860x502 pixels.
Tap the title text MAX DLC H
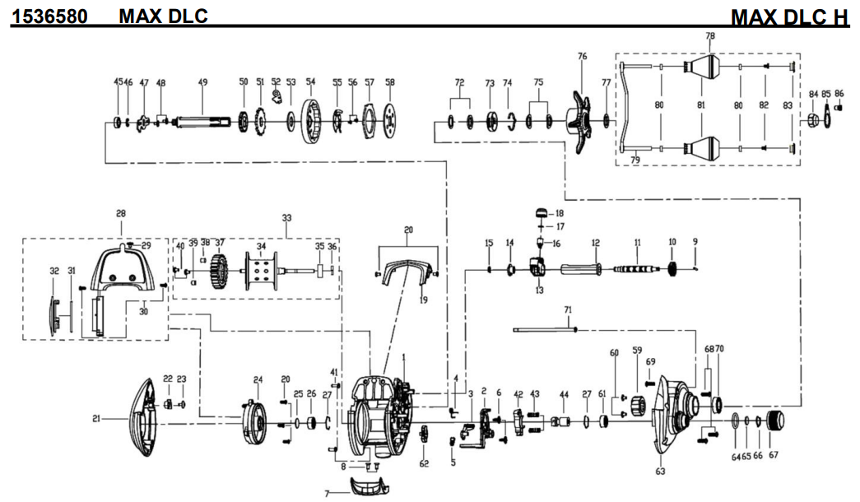788,16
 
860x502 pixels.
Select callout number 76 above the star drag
583,57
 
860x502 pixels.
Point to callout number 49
202,82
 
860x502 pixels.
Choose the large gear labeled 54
311,122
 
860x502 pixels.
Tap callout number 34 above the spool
261,246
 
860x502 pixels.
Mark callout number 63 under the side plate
660,472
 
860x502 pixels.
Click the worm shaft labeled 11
636,268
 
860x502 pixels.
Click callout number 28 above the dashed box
121,214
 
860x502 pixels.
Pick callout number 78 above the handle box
710,36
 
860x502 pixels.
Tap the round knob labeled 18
542,213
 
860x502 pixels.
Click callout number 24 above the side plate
258,379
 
